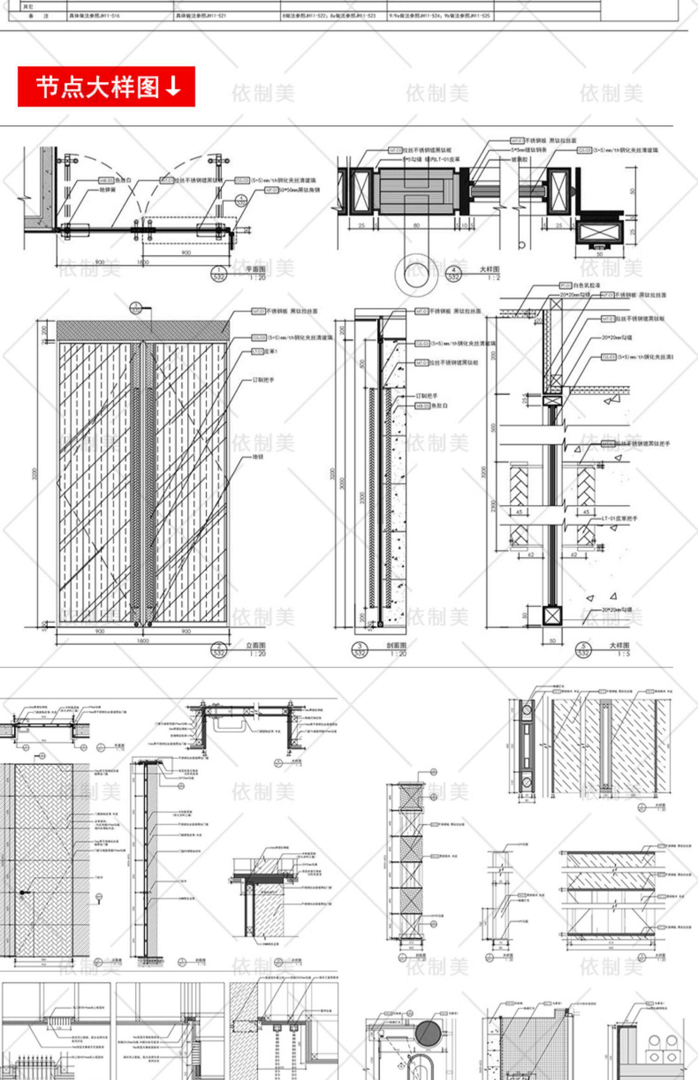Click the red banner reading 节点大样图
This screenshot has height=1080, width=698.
tap(106, 87)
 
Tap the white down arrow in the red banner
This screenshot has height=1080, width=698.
tap(173, 87)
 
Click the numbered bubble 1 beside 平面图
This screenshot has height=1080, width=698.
tap(219, 273)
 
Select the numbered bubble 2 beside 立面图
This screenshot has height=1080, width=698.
tap(219, 649)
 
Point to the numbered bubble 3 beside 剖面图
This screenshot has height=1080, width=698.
tap(360, 649)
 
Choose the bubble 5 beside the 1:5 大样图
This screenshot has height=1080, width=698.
tap(584, 649)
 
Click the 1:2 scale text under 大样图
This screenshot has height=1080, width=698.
tap(494, 278)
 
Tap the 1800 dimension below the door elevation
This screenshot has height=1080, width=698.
tap(142, 641)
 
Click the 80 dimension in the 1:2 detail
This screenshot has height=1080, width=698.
tap(416, 226)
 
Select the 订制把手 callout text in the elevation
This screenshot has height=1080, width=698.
tap(263, 380)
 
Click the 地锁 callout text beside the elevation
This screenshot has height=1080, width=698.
tap(258, 457)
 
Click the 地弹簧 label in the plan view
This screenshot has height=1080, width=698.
tap(107, 190)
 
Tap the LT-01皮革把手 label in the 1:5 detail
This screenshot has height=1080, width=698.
tap(619, 518)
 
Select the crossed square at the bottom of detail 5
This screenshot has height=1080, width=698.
tap(552, 615)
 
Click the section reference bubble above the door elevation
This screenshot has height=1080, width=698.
tap(135, 307)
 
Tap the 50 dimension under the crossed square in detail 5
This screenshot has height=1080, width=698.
tap(552, 640)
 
